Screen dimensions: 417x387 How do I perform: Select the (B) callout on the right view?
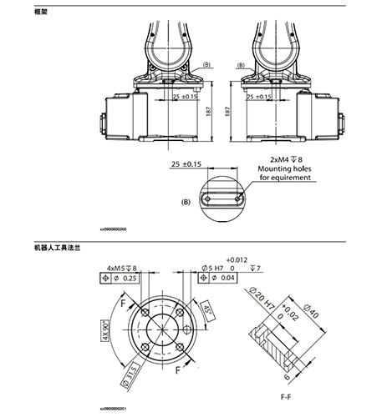tap(240, 65)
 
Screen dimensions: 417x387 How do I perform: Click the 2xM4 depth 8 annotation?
tap(285, 158)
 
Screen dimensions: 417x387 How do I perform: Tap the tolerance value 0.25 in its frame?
tap(130, 279)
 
